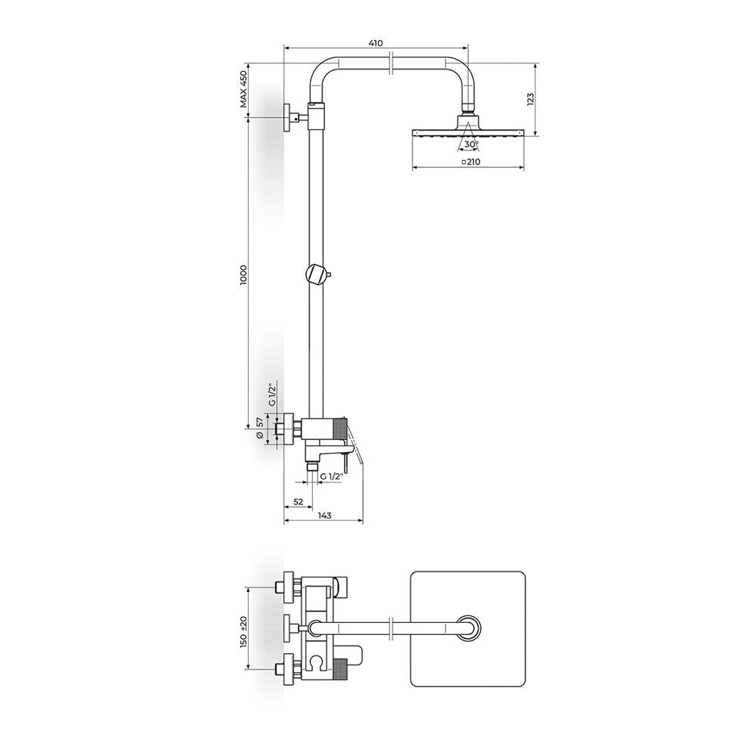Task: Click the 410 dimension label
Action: coord(376,43)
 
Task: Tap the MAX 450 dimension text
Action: coord(244,89)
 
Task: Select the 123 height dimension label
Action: coord(531,99)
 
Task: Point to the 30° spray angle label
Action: coord(470,144)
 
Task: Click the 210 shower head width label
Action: coord(471,162)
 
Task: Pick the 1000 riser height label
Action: coord(244,274)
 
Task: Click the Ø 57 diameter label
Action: coord(260,428)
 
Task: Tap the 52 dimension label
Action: coord(299,502)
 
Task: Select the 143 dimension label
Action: coord(325,516)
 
